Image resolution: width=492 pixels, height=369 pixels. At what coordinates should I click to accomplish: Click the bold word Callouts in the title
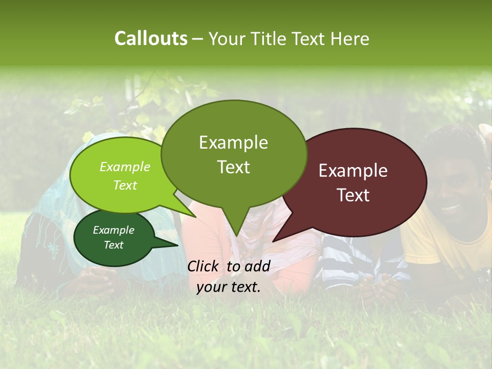pyautogui.click(x=151, y=38)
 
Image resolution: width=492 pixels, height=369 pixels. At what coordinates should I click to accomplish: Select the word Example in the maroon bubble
pyautogui.click(x=353, y=171)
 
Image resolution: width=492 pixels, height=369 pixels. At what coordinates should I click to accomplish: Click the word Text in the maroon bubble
pyautogui.click(x=353, y=195)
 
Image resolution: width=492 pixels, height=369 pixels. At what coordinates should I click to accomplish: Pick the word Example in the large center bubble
pyautogui.click(x=233, y=142)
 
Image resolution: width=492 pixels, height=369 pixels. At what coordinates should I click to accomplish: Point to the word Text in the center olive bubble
pyautogui.click(x=233, y=167)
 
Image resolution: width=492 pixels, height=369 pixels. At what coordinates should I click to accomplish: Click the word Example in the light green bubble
pyautogui.click(x=125, y=167)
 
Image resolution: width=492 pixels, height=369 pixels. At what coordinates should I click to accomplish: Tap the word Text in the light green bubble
pyautogui.click(x=125, y=185)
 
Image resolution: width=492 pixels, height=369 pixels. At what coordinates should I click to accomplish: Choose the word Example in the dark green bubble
pyautogui.click(x=113, y=230)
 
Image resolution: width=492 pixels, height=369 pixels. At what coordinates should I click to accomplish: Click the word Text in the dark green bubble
pyautogui.click(x=113, y=245)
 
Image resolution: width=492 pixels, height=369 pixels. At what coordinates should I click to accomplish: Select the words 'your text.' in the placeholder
pyautogui.click(x=229, y=288)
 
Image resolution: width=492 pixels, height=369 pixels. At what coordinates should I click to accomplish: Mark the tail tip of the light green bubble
pyautogui.click(x=195, y=216)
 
